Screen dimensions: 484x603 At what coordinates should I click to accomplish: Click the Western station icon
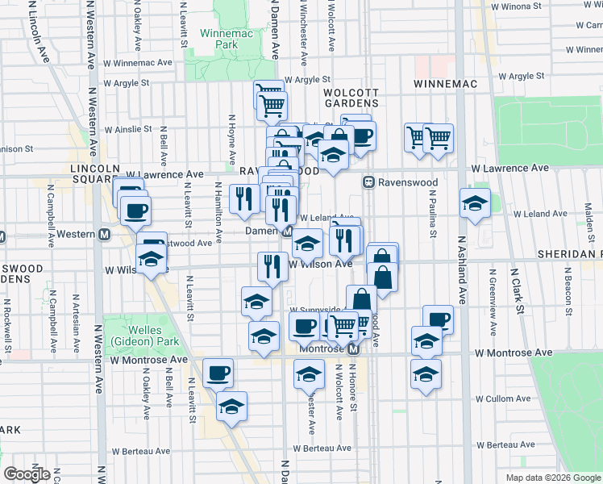point(104,235)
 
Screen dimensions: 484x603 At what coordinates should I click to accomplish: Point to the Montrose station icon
point(352,349)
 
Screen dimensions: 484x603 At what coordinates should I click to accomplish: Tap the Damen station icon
point(287,232)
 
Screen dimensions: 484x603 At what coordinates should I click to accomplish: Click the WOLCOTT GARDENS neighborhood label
point(351,98)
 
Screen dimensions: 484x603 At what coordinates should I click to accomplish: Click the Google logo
point(27,474)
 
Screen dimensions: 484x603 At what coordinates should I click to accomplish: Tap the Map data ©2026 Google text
point(552,478)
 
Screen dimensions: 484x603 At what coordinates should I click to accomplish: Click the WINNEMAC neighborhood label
point(446,84)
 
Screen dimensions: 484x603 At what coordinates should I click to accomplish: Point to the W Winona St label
point(515,6)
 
